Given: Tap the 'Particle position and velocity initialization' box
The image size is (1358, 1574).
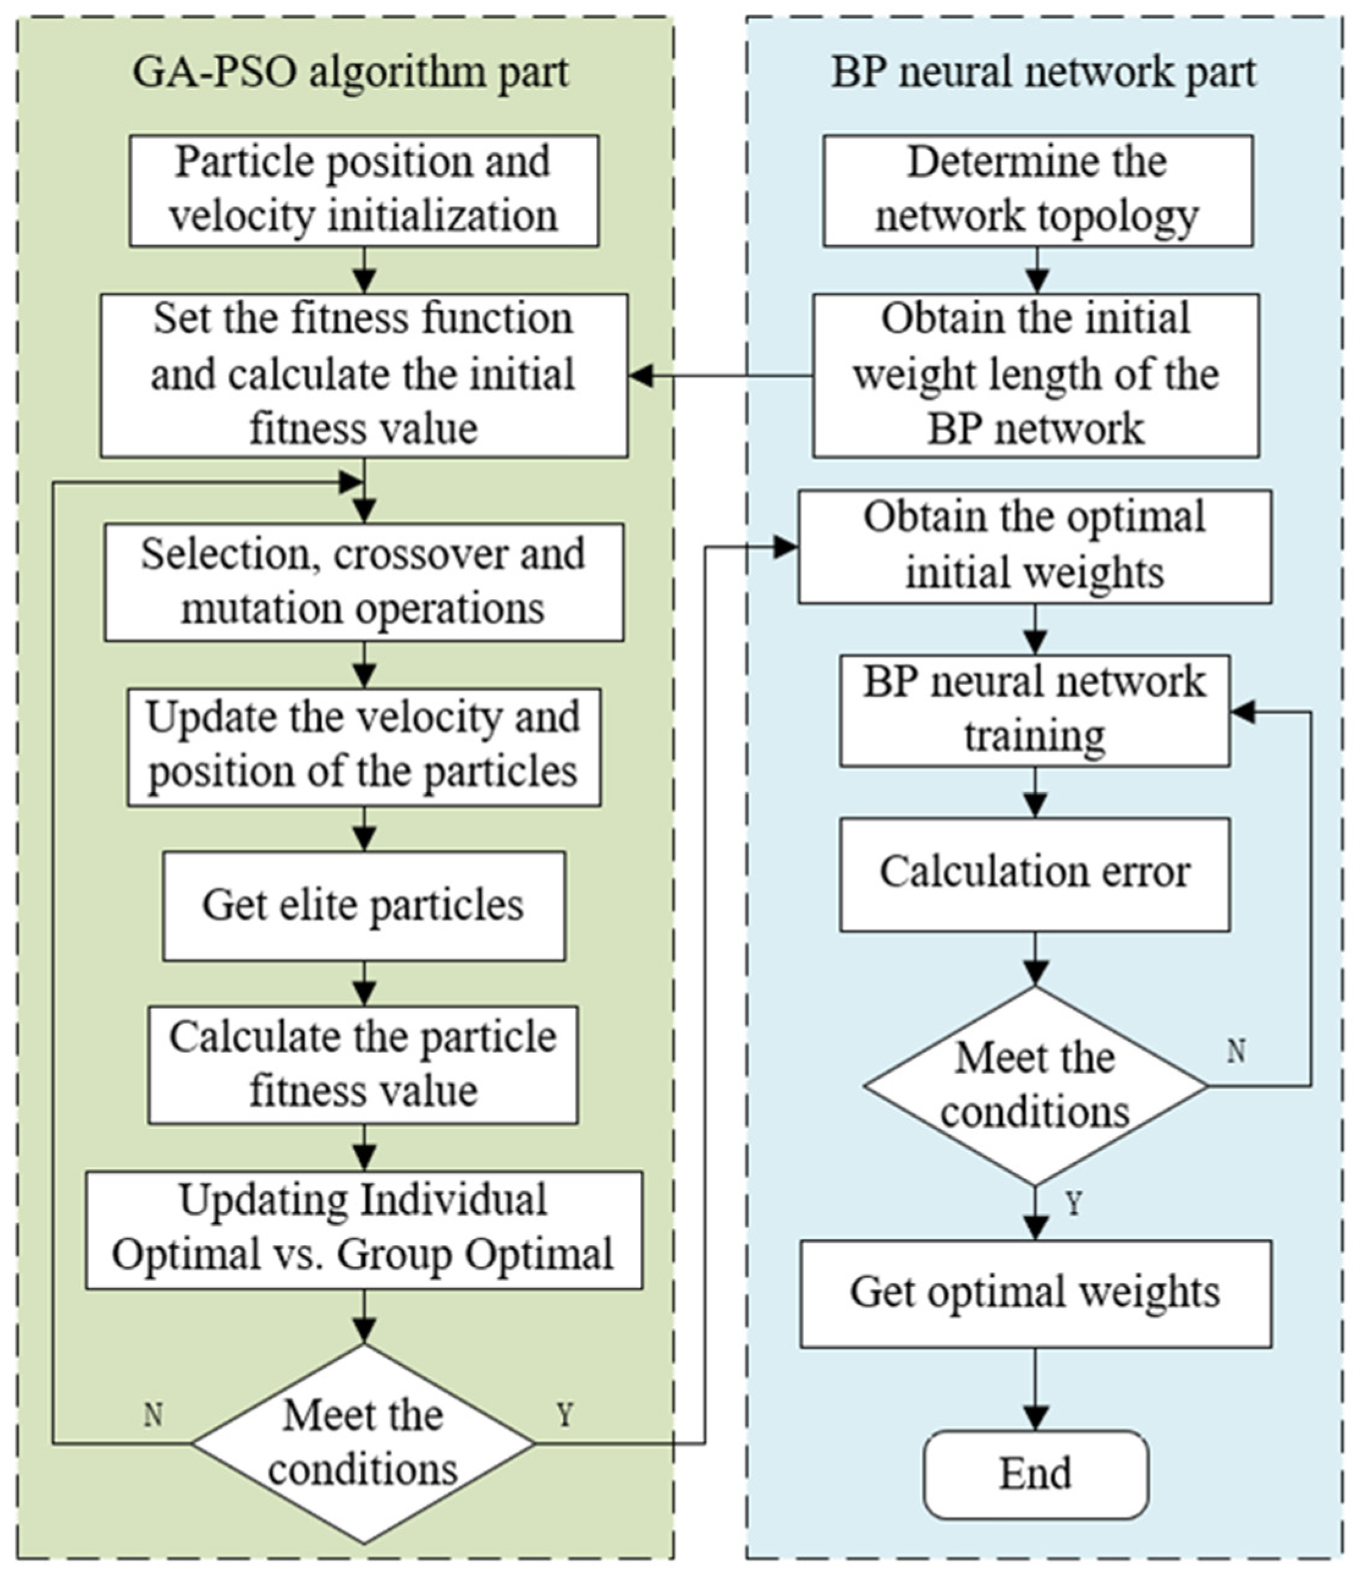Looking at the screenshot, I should [x=364, y=191].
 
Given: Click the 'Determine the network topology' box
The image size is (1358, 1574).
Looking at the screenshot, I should [x=1038, y=191].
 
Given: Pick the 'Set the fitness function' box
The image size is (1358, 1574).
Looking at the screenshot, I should [x=364, y=375].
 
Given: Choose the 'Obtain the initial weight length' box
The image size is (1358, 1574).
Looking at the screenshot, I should [x=1036, y=375].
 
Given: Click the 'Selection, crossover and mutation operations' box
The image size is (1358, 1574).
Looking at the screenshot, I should [x=364, y=582].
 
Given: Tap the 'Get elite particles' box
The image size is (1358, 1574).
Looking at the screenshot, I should [x=364, y=905].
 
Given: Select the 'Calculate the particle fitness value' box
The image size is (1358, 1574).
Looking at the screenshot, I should [x=363, y=1064].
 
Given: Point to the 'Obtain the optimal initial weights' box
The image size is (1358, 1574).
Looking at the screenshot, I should [x=1035, y=547].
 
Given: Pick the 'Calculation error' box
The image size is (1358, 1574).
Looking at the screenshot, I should [x=1035, y=873].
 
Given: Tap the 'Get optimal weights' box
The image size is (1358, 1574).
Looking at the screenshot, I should [x=1036, y=1293].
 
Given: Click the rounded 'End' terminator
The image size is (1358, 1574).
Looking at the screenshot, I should [x=1036, y=1474].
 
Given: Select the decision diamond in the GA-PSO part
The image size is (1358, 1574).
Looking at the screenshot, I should [x=363, y=1443].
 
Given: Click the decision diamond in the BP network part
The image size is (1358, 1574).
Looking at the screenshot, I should [x=1035, y=1086].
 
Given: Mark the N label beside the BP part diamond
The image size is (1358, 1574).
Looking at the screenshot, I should [x=1236, y=1051].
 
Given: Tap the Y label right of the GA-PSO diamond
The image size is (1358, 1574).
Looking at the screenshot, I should [x=564, y=1415].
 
